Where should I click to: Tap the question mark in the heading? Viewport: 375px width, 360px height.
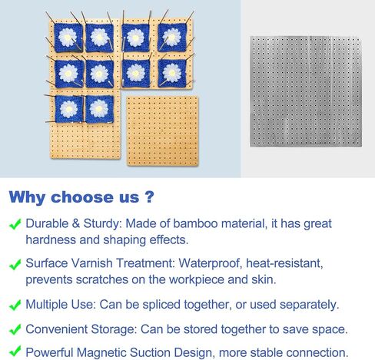pos(149,197)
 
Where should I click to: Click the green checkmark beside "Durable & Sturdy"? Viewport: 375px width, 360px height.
pos(15,224)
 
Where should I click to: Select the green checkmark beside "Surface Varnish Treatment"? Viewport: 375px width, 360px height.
pos(15,264)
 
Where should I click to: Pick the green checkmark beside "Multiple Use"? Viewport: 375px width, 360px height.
pos(15,305)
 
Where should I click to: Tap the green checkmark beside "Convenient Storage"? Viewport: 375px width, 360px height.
pos(15,329)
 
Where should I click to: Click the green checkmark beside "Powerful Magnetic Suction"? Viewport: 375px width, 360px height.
pos(15,351)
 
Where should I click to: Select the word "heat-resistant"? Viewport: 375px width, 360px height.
pos(284,263)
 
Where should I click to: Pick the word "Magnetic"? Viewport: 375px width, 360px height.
pos(101,352)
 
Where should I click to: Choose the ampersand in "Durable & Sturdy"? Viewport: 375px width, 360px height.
pos(76,223)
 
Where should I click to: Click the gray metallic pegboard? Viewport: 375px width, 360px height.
pos(306,91)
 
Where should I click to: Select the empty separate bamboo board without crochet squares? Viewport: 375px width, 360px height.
pos(162,130)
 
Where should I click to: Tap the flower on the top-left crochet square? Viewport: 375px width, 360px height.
pos(68,38)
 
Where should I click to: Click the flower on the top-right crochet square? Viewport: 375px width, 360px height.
pos(172,37)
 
